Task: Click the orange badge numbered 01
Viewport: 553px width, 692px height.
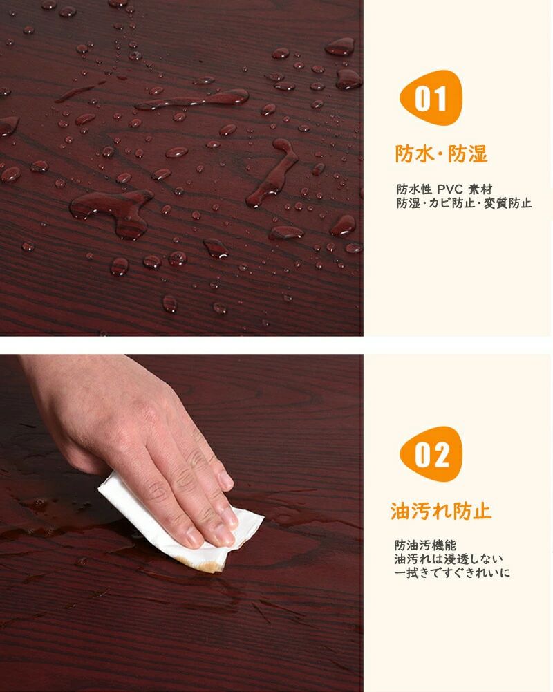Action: point(431,98)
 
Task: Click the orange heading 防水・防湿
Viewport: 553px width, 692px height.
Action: point(441,154)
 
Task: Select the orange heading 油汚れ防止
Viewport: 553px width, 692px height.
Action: point(440,511)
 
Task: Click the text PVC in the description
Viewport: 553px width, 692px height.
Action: point(450,189)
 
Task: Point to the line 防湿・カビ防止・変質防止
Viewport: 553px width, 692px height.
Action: point(464,203)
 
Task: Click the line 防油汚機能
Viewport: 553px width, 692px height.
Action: point(425,545)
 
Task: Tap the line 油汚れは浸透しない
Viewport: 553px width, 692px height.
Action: point(449,559)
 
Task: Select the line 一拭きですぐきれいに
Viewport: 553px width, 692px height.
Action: point(452,573)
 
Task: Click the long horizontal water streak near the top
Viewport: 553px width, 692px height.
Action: point(193,100)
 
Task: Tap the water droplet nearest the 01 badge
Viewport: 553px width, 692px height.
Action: point(348,80)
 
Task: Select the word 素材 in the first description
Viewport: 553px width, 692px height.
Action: point(480,189)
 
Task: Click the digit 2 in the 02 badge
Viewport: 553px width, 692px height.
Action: point(440,455)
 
